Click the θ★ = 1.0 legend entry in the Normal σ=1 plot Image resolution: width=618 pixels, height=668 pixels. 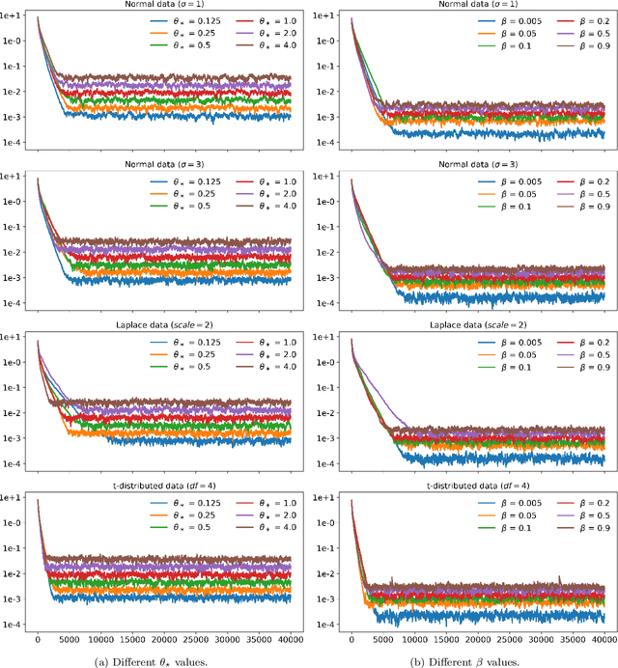[252, 19]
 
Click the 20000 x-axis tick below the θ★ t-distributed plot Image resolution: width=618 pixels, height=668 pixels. [165, 640]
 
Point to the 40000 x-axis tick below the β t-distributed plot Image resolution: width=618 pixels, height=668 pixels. [604, 640]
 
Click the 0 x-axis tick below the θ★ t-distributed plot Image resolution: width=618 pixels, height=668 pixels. [38, 640]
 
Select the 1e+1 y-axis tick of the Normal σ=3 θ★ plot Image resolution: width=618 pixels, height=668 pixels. [14, 177]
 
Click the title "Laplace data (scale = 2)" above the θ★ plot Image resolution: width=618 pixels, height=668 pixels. [165, 326]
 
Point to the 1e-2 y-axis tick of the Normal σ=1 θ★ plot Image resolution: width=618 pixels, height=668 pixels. [14, 92]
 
